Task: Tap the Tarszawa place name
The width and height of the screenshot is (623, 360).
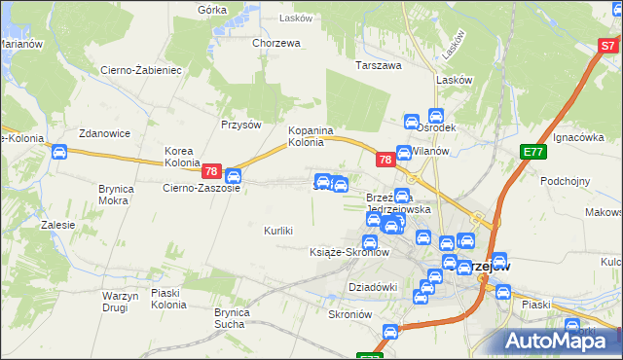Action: [379, 66]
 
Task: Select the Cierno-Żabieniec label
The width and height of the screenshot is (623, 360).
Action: [141, 70]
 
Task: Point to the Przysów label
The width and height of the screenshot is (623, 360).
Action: [241, 125]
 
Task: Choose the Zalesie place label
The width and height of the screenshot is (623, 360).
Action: [58, 225]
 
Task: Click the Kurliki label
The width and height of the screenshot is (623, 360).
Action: [278, 231]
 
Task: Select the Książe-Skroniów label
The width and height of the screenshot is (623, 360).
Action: [348, 252]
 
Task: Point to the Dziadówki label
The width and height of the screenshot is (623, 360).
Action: [373, 287]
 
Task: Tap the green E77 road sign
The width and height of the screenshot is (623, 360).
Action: [532, 152]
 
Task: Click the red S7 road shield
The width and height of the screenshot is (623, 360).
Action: [607, 46]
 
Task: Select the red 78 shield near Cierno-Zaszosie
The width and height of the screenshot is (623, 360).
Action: [212, 171]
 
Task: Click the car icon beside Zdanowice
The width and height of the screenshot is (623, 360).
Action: [58, 152]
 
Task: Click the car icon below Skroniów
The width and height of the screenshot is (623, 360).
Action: [389, 333]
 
